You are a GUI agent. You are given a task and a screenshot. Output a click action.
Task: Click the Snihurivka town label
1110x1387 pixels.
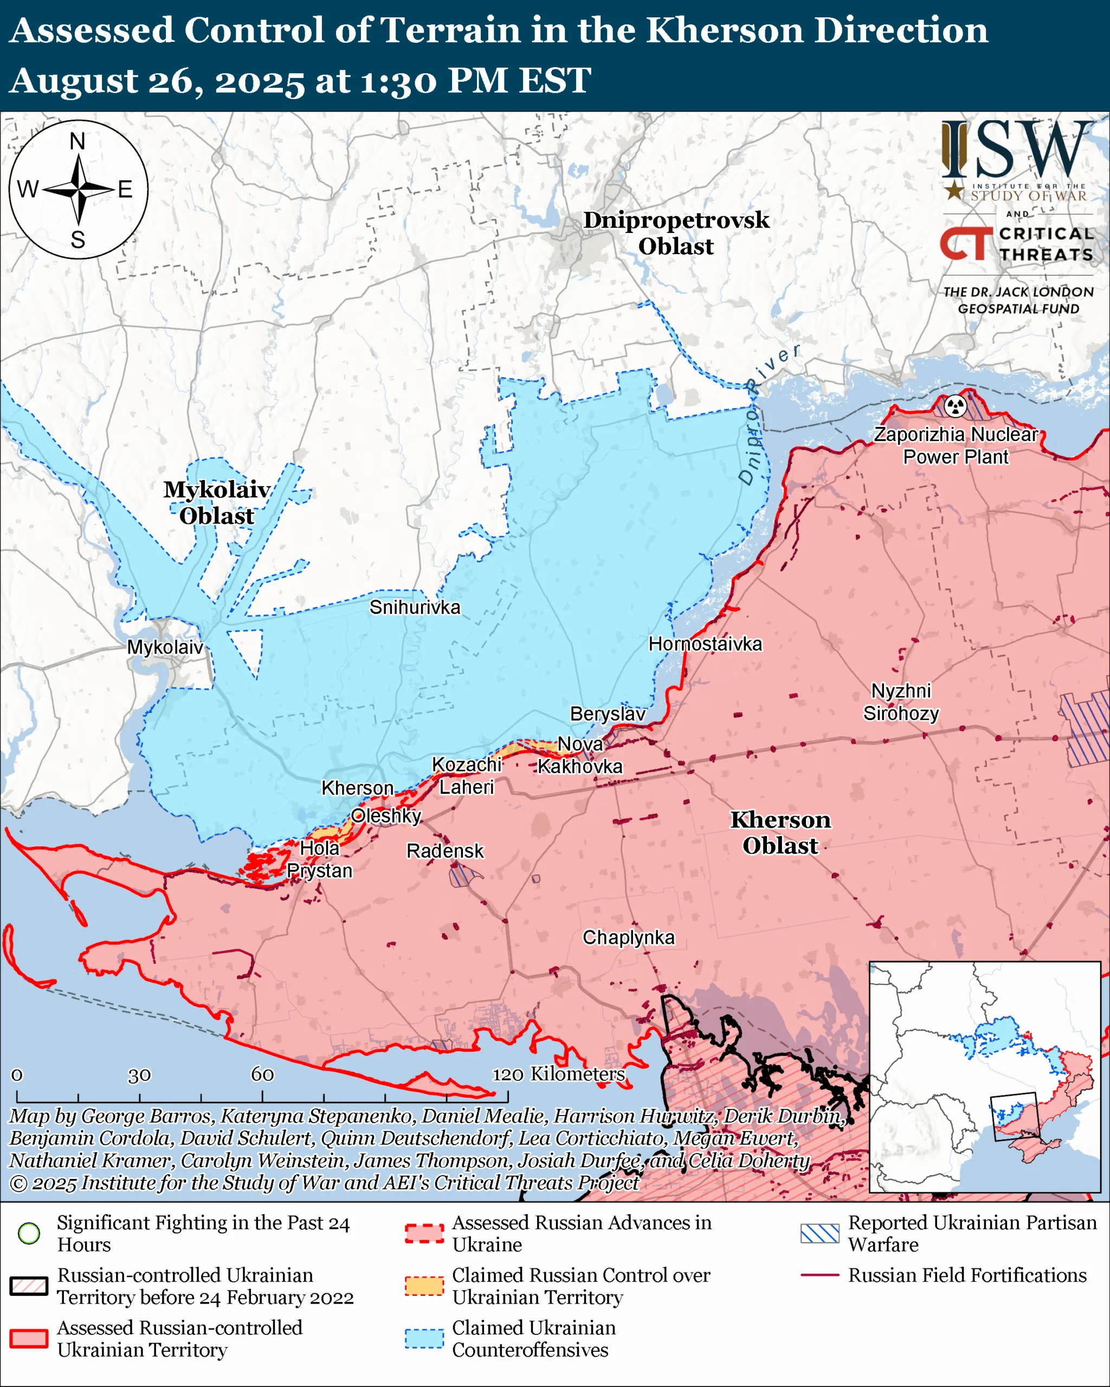pyautogui.click(x=415, y=607)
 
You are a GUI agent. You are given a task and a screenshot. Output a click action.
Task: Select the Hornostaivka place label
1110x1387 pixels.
pyautogui.click(x=705, y=644)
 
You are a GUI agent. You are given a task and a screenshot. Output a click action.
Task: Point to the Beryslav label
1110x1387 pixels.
pyautogui.click(x=608, y=714)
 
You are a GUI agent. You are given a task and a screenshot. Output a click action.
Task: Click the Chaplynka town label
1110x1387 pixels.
pyautogui.click(x=628, y=937)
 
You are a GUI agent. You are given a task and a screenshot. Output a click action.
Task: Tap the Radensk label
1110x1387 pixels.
pyautogui.click(x=444, y=851)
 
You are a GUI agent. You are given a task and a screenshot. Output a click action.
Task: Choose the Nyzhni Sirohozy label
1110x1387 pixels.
pyautogui.click(x=901, y=702)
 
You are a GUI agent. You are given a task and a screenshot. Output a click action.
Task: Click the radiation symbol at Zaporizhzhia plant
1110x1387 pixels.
pyautogui.click(x=956, y=406)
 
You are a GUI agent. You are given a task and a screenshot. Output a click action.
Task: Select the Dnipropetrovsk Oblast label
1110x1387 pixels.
pyautogui.click(x=676, y=233)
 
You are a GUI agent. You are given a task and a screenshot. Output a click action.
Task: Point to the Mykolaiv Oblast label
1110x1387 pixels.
pyautogui.click(x=216, y=502)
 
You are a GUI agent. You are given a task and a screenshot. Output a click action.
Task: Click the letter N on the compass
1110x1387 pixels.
pyautogui.click(x=77, y=141)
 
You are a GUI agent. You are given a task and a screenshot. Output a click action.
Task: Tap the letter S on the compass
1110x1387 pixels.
pyautogui.click(x=78, y=240)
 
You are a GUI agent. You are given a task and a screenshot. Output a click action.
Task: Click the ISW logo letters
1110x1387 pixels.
pyautogui.click(x=1017, y=151)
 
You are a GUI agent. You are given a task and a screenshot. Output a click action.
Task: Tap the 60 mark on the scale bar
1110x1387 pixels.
pyautogui.click(x=262, y=1074)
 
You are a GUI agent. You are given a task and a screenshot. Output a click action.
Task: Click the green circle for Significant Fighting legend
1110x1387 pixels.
pyautogui.click(x=29, y=1233)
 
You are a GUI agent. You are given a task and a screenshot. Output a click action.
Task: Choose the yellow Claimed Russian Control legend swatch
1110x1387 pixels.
pyautogui.click(x=424, y=1286)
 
